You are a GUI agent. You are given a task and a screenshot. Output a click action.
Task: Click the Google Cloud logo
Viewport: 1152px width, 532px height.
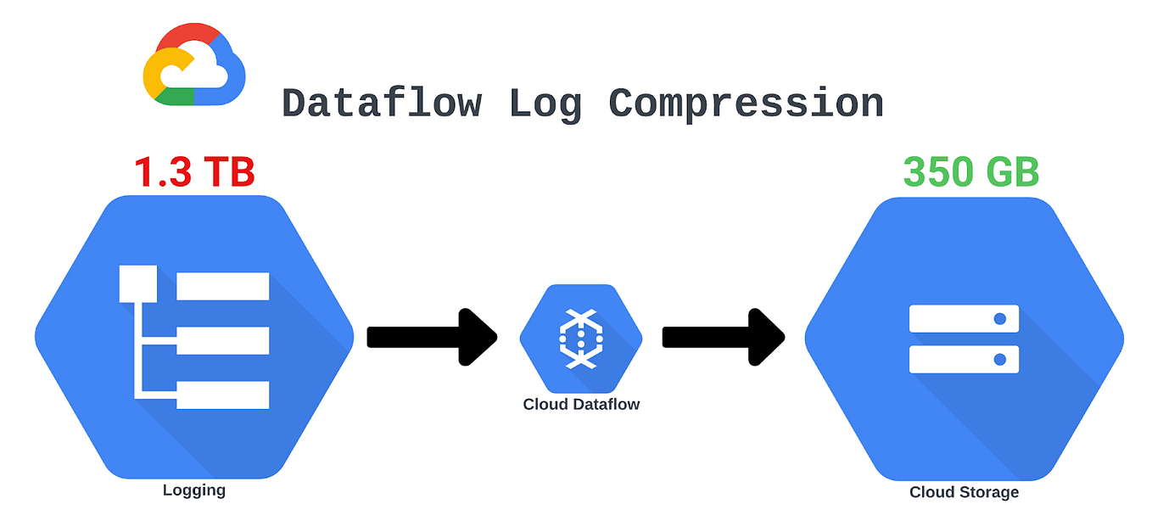[x=194, y=65]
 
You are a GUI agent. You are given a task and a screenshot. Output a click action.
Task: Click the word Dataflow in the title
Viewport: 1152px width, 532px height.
[x=382, y=104]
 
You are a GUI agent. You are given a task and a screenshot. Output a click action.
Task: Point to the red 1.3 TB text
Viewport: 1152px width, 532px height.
[x=194, y=172]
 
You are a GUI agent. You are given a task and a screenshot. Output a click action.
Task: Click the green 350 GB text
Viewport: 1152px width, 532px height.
[x=970, y=172]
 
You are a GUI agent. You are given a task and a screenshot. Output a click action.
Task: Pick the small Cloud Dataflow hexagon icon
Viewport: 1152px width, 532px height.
[x=581, y=338]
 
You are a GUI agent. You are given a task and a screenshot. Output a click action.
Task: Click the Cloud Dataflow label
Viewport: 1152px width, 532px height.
[x=581, y=405]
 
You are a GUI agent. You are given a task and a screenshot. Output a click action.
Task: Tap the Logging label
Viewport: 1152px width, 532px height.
[x=194, y=490]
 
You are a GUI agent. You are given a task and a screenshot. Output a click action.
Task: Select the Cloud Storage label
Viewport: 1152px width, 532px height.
[x=964, y=492]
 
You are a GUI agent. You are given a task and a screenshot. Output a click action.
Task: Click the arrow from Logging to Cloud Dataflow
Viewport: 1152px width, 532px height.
[x=431, y=337]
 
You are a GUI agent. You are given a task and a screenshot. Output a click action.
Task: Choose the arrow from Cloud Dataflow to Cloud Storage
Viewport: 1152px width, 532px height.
[x=722, y=337]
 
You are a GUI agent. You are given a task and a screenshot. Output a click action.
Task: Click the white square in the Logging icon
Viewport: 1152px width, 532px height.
[x=137, y=284]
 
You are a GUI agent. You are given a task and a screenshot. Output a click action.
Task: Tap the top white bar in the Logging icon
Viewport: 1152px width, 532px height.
[x=222, y=286]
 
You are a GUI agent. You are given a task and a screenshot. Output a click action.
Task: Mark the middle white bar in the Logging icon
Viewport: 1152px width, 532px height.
[x=222, y=340]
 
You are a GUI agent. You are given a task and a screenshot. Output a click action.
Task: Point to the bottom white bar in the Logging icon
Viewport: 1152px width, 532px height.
[x=222, y=395]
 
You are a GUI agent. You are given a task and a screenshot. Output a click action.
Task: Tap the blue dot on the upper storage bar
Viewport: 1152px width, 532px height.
[x=1000, y=318]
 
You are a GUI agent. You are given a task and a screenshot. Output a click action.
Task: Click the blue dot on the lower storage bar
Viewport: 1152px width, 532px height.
[x=1000, y=359]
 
